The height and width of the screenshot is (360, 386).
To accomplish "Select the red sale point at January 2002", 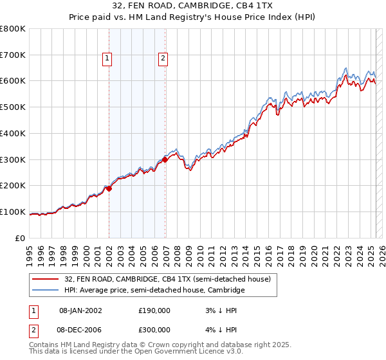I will coord(109,188).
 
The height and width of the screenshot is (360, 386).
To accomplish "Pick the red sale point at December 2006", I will coord(165,159).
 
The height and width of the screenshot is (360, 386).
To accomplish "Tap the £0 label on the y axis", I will coord(21,238).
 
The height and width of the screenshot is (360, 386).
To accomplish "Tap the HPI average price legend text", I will coord(154,291).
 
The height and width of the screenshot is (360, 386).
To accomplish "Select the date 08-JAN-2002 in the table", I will coord(80,310).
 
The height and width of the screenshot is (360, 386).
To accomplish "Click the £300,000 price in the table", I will coord(154,329).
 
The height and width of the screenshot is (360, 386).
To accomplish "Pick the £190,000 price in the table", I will coord(154,310).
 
